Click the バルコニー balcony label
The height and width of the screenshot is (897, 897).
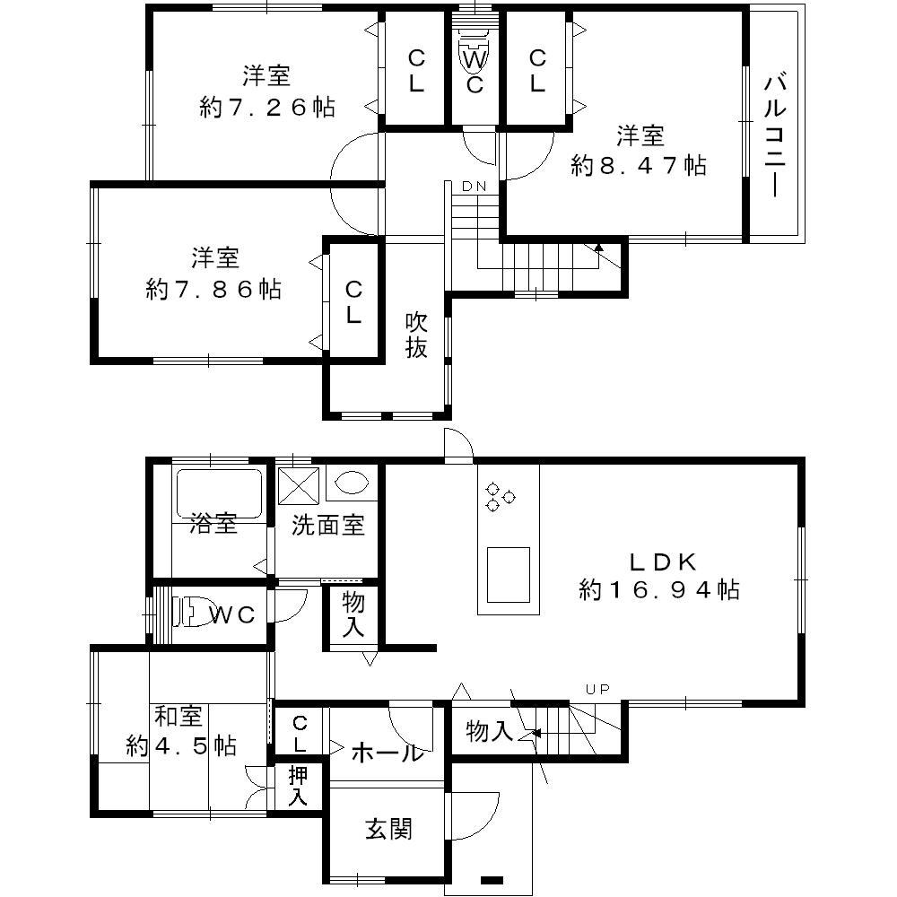click(776, 136)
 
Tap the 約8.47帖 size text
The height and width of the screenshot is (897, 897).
click(639, 165)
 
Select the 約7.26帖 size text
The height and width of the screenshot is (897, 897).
click(266, 107)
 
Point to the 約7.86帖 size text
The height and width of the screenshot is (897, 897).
click(213, 289)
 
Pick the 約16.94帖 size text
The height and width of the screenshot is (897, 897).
click(659, 589)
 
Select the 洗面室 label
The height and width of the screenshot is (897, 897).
click(328, 526)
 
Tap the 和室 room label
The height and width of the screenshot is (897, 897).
click(179, 718)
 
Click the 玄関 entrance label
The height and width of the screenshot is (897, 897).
click(388, 830)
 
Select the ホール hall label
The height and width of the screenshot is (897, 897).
click(386, 752)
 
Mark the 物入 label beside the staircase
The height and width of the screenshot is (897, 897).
click(489, 732)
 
